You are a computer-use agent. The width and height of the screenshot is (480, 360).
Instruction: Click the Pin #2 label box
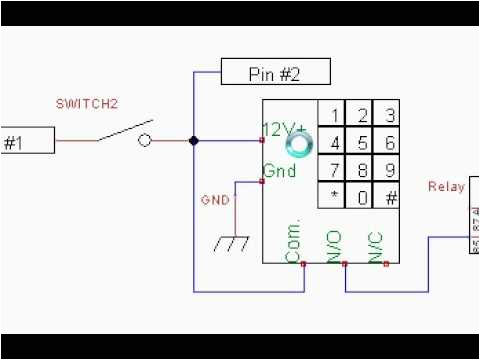(260, 73)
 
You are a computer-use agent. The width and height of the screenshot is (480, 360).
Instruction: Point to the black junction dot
(194, 141)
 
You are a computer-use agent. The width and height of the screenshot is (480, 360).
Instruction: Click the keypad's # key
(389, 196)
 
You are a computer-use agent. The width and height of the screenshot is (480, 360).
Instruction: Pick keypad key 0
(362, 196)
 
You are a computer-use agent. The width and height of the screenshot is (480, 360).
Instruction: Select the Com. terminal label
(293, 240)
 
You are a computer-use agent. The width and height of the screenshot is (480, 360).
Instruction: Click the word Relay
(445, 186)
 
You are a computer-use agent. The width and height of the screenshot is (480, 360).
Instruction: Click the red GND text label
(215, 199)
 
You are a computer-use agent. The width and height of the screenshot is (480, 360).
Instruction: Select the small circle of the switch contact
(145, 141)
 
